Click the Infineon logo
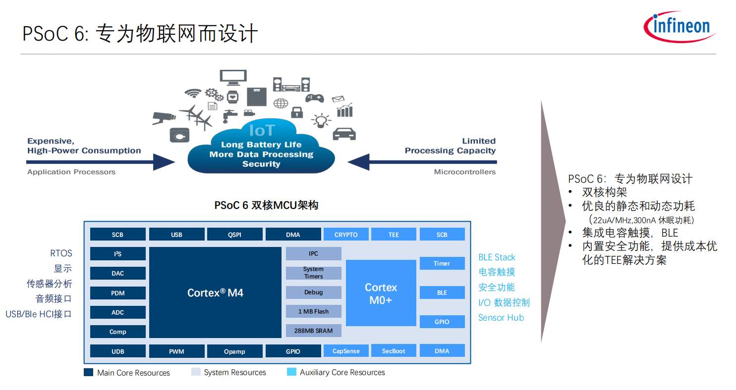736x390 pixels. coord(679,26)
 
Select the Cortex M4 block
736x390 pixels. coord(215,292)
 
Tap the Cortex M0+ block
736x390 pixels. coord(381,293)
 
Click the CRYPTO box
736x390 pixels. coord(346,235)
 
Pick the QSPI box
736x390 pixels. coord(234,235)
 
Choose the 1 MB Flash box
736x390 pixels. coord(313,311)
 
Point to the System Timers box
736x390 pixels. coord(313,273)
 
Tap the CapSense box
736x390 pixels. coord(346,351)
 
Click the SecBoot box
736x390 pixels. coord(394,351)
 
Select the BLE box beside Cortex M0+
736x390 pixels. coord(442,292)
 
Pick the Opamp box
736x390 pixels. coord(234,351)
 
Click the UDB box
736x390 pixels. coord(117,351)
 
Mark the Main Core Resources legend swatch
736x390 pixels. coord(89,372)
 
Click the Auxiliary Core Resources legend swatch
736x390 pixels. coord(291,372)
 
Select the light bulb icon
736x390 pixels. coord(321,120)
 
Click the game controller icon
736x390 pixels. coord(314,98)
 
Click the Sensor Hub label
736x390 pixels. coord(501,318)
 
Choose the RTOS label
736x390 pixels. coord(61,253)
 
